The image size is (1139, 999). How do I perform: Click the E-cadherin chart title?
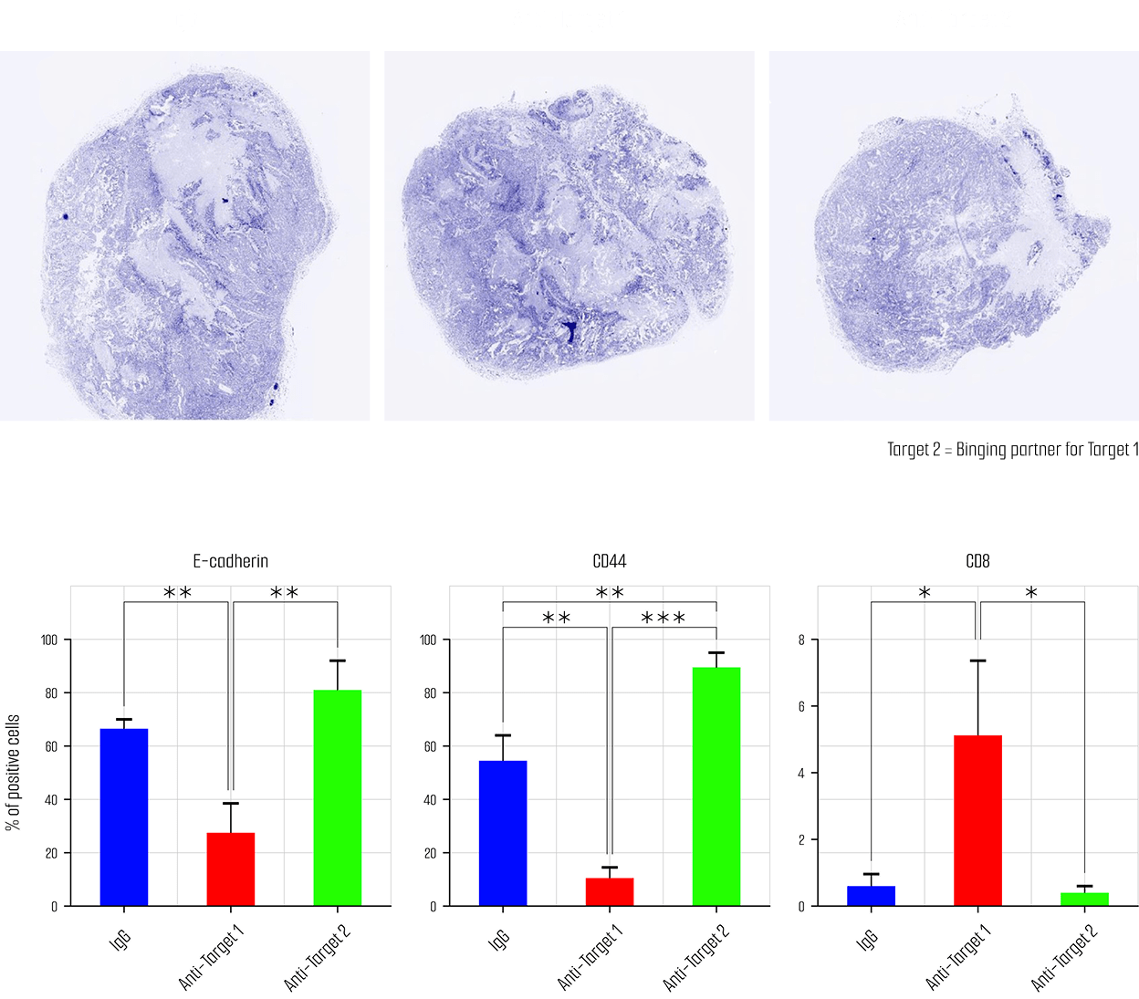click(x=231, y=561)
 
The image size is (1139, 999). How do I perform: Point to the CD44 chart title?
click(x=610, y=561)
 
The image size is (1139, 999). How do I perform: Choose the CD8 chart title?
click(x=977, y=561)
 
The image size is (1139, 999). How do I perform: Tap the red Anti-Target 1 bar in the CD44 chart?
click(x=610, y=891)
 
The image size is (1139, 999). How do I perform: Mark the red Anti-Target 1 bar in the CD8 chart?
click(x=977, y=820)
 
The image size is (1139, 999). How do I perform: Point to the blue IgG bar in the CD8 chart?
click(x=871, y=896)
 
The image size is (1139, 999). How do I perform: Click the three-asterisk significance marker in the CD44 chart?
click(x=664, y=619)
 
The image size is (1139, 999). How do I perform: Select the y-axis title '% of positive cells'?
click(x=13, y=773)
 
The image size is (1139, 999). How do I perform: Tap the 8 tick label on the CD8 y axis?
click(x=801, y=640)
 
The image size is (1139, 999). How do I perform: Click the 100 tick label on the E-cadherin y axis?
click(x=49, y=640)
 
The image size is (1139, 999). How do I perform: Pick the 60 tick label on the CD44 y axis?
click(x=431, y=746)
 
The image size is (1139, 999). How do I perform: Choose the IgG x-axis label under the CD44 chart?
click(x=498, y=941)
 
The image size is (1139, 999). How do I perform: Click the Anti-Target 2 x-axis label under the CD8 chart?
click(x=1064, y=957)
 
